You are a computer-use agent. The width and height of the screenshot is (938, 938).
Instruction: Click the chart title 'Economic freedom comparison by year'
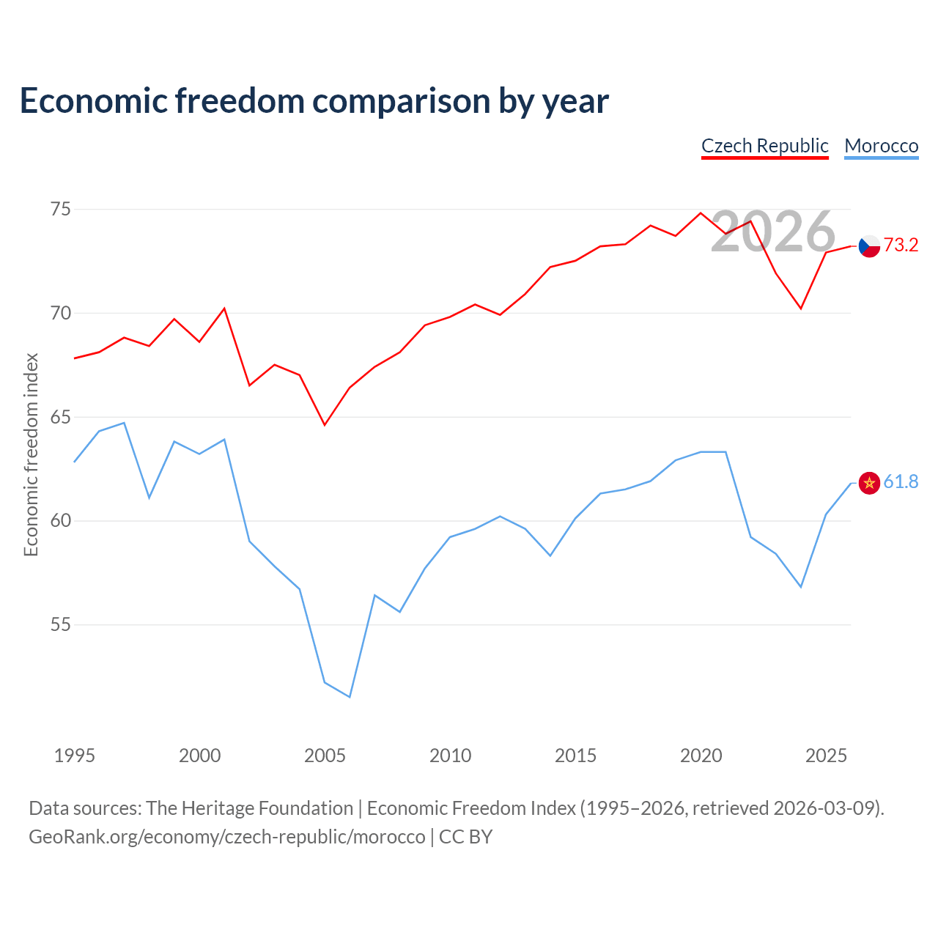(314, 101)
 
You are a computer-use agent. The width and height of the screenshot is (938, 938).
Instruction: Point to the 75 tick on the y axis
(61, 210)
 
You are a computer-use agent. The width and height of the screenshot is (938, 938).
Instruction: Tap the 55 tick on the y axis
(61, 624)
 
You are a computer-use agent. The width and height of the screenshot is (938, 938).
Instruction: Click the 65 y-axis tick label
(61, 417)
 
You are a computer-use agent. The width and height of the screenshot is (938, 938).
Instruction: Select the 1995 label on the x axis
(75, 756)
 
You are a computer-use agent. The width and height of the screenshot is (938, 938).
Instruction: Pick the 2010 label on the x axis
(450, 756)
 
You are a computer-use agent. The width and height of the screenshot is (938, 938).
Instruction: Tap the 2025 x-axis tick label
(826, 756)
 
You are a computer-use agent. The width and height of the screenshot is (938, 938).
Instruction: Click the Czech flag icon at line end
(869, 246)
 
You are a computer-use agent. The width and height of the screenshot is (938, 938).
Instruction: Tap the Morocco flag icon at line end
(869, 484)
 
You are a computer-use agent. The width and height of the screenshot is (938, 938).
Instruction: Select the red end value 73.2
(901, 245)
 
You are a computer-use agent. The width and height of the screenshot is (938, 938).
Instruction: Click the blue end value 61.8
(901, 482)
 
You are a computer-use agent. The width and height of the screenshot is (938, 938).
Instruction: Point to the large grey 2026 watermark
(773, 232)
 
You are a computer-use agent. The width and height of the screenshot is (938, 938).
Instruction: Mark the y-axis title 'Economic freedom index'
(31, 454)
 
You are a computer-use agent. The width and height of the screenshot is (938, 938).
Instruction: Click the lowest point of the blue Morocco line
(350, 697)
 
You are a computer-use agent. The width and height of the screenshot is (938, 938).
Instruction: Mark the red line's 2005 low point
(325, 425)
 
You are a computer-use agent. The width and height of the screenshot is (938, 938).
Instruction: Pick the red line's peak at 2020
(701, 213)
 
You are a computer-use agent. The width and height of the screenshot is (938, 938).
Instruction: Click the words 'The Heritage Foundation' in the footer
(249, 808)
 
